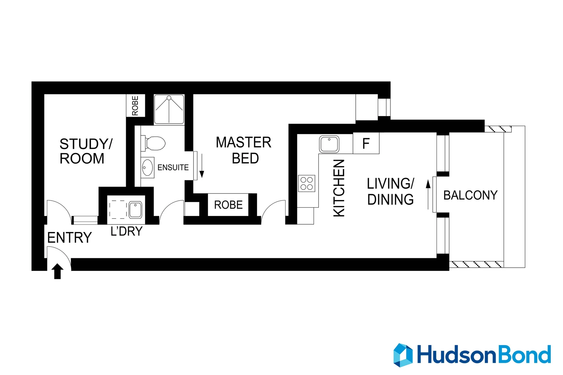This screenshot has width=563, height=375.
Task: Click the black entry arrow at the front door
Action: [x=58, y=271]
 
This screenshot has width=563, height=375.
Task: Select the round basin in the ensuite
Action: [x=148, y=168]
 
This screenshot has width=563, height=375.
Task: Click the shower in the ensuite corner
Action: [x=169, y=109]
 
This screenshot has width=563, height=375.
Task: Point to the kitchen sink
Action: [x=329, y=144]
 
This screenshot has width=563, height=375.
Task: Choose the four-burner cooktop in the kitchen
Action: [x=307, y=183]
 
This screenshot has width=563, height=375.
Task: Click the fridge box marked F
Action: [x=366, y=143]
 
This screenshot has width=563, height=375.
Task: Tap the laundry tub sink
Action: [x=135, y=210]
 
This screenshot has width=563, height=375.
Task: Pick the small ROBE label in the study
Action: [x=135, y=106]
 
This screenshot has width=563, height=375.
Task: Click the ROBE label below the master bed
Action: [x=228, y=205]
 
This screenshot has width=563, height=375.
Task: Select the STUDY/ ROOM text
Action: [x=85, y=151]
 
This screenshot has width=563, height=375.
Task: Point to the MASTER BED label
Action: [x=244, y=150]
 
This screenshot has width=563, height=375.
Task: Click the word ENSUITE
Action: [x=173, y=167]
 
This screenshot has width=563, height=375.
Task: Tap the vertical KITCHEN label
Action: [x=339, y=188]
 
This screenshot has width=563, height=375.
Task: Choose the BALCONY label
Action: [x=470, y=195]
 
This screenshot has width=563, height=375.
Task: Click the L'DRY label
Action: [x=126, y=231]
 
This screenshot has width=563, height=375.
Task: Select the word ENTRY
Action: [x=69, y=238]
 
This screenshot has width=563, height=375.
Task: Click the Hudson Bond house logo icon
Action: [x=403, y=355]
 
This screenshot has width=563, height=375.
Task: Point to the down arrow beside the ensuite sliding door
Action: [x=202, y=170]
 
